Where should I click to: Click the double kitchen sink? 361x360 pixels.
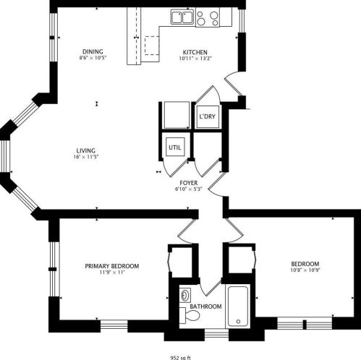click(182, 17)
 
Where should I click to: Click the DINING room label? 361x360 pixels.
click(92, 51)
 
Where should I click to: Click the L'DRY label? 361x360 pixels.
click(207, 116)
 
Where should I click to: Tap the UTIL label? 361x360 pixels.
click(175, 147)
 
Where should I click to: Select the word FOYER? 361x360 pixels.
click(190, 184)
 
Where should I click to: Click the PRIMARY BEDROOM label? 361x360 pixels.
click(111, 266)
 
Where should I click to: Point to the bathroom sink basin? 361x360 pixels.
click(186, 296)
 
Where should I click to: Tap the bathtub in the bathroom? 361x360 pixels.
click(238, 307)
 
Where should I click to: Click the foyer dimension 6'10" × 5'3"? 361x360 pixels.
click(189, 190)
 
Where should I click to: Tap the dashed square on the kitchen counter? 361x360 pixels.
click(151, 46)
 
